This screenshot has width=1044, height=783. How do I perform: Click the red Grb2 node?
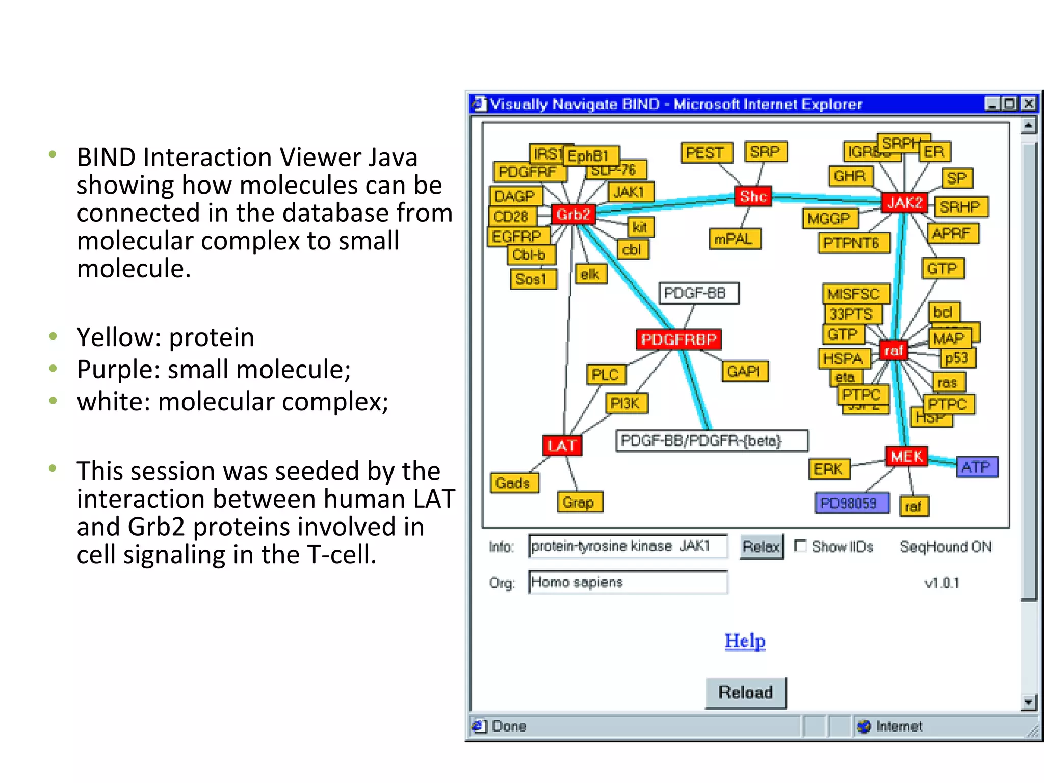(x=573, y=215)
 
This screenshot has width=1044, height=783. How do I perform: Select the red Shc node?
(x=753, y=196)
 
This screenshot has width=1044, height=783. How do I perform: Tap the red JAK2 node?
(x=904, y=203)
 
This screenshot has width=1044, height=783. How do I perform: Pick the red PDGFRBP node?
(x=678, y=340)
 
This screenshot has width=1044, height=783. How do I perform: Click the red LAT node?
(x=561, y=446)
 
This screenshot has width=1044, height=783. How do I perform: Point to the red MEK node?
(x=906, y=456)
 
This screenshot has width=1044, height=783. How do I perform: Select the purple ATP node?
(x=976, y=467)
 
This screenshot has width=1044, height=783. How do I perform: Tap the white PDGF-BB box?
(x=699, y=293)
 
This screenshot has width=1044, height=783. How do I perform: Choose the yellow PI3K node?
(x=625, y=403)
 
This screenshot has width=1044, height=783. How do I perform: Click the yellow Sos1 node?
(x=532, y=279)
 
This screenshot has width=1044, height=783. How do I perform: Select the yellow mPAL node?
(x=734, y=239)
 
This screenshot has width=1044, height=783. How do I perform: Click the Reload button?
(x=745, y=692)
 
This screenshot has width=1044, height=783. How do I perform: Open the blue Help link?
(x=745, y=641)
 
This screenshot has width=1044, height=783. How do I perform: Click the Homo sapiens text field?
(x=628, y=582)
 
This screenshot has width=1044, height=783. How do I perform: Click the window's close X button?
(x=1029, y=104)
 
